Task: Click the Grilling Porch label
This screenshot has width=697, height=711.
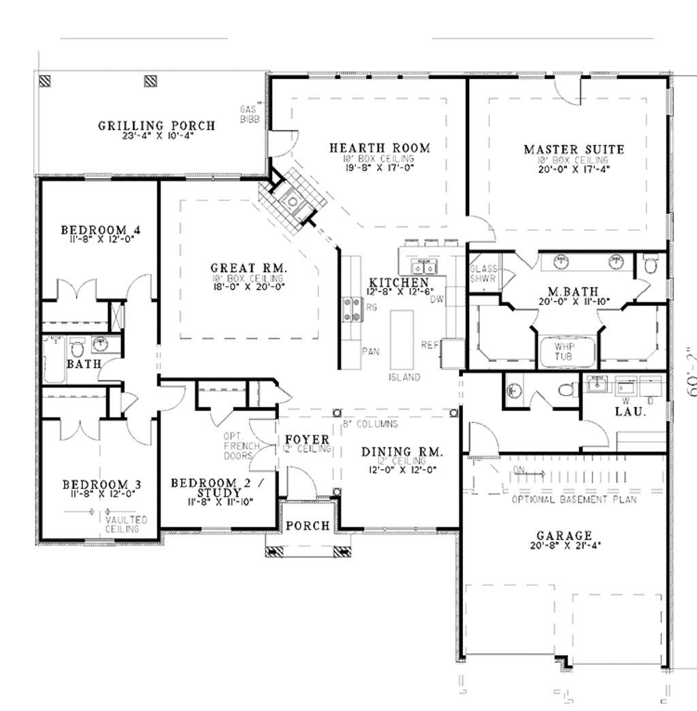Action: [157, 126]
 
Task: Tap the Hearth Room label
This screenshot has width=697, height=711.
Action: [379, 148]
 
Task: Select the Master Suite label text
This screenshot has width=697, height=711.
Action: [573, 149]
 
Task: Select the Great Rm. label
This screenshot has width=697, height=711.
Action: [248, 269]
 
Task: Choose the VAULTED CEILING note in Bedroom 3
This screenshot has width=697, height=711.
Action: [123, 524]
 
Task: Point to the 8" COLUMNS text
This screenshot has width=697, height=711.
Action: [370, 424]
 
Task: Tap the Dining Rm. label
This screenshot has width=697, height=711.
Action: [402, 452]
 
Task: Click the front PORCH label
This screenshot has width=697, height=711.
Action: [308, 526]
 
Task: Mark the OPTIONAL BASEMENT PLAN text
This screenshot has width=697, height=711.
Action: [574, 500]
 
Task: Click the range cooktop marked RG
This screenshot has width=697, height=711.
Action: [352, 308]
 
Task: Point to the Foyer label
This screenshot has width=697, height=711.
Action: [307, 439]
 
